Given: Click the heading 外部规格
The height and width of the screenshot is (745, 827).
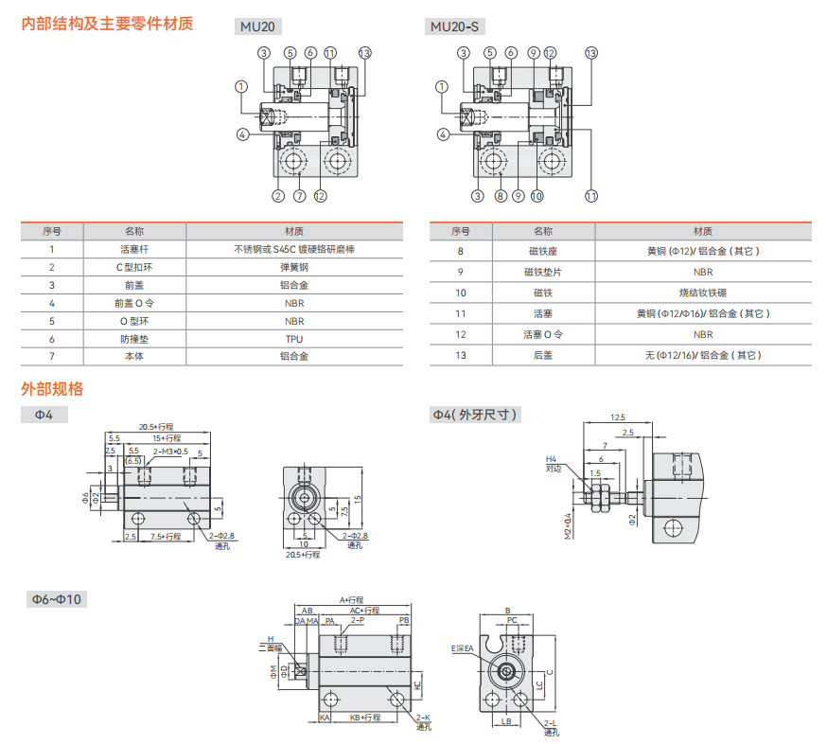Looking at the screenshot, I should click(x=52, y=388).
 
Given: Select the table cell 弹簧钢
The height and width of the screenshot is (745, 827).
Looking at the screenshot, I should click(x=293, y=267).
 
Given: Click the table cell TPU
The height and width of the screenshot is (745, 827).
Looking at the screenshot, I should click(x=293, y=338).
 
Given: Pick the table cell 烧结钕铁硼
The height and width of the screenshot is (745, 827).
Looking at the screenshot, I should click(x=703, y=293).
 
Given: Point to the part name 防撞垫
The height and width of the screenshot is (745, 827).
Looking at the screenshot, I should click(x=133, y=338).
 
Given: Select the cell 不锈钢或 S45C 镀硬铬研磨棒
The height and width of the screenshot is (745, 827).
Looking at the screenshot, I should click(x=293, y=250).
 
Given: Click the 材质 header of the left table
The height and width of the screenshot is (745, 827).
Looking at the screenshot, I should click(x=293, y=231).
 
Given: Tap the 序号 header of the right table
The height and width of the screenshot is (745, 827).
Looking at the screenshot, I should click(x=461, y=231).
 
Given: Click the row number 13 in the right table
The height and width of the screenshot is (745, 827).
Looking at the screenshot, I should click(x=461, y=355).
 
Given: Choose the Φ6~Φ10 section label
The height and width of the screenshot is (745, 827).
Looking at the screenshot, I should click(x=57, y=599).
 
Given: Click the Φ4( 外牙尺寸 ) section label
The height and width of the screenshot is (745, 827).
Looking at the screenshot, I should click(x=476, y=415).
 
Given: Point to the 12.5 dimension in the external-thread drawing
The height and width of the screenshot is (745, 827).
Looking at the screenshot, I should click(x=618, y=417).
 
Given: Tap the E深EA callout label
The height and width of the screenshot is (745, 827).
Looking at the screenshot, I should click(x=465, y=649).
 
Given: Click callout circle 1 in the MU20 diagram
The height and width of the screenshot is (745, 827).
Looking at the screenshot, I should click(x=242, y=87).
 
